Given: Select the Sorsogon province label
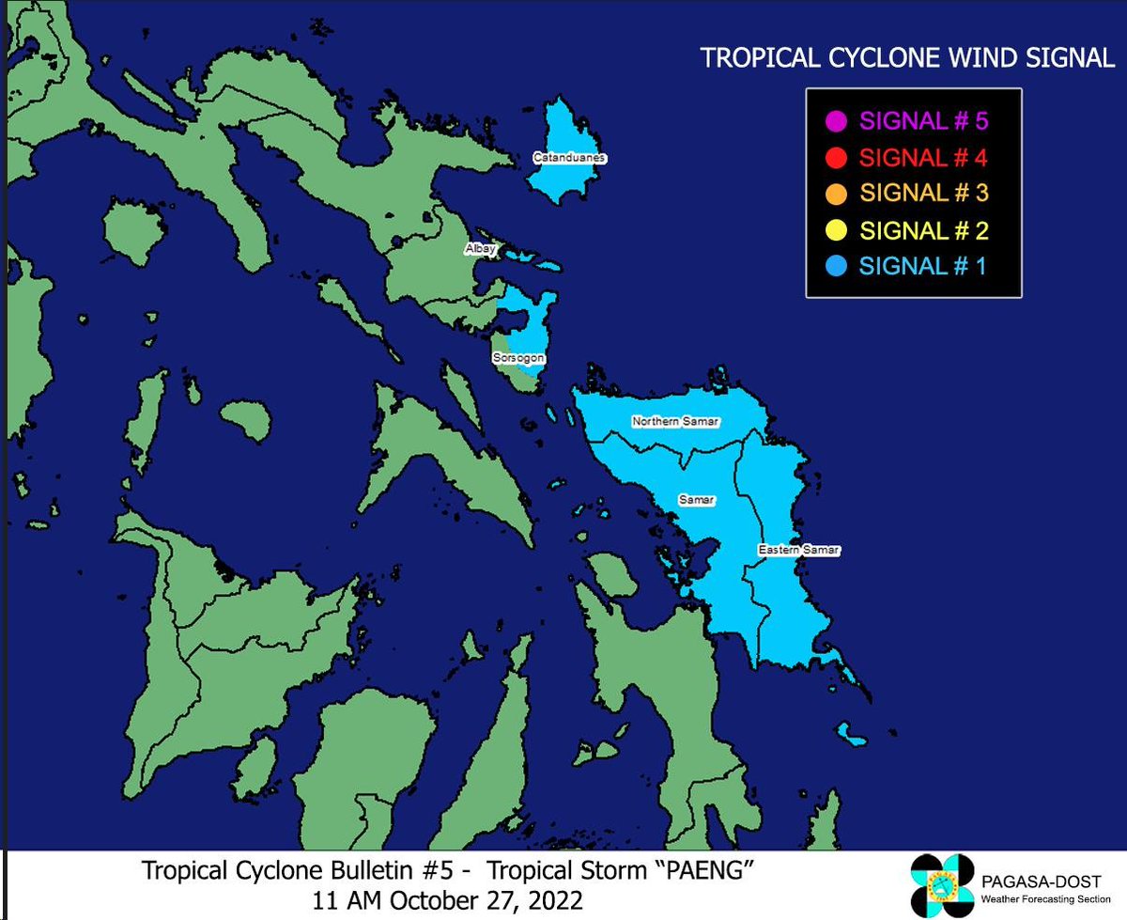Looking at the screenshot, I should click(x=518, y=358).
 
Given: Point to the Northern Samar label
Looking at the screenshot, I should click(x=675, y=421).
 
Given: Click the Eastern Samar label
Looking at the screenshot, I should click(x=798, y=548).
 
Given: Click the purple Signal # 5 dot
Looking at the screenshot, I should click(x=838, y=121).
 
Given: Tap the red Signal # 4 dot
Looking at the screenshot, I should click(x=838, y=157).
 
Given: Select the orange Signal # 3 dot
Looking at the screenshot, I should click(x=838, y=194).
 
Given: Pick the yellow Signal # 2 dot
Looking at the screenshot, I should click(x=838, y=229).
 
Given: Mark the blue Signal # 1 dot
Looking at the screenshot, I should click(x=838, y=266).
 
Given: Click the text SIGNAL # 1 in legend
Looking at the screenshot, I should click(x=922, y=266).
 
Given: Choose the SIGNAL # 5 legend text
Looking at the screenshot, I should click(x=924, y=121).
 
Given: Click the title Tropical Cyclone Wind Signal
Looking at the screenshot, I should click(x=907, y=58).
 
